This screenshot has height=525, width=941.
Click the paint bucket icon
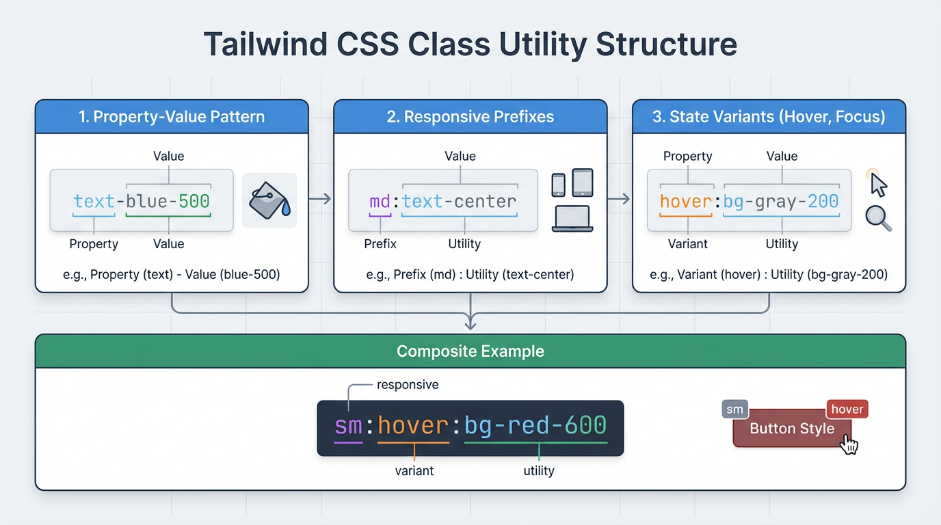coord(269,200)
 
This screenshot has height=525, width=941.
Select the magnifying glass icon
coord(878,218)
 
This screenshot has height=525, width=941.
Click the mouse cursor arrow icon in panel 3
coord(878,184)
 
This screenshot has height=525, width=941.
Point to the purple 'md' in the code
coord(380,202)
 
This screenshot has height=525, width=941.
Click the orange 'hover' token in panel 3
coord(687,202)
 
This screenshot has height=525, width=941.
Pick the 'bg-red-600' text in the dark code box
coord(535,426)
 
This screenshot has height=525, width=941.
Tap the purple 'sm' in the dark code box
coord(348,426)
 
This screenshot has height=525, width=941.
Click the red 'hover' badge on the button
coord(847,409)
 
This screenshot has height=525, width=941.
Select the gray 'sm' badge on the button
coord(734,409)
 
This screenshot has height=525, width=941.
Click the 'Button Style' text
coord(792,429)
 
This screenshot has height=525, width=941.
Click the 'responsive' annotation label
coord(408,385)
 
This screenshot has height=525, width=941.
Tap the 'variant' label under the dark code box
coord(414,471)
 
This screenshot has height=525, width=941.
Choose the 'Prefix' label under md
coord(380,244)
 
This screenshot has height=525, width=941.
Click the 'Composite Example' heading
coord(471,351)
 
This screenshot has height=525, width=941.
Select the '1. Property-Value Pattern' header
coord(172,117)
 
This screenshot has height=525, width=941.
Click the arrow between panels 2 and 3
coord(618,199)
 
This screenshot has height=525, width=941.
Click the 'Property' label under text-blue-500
coord(94,244)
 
